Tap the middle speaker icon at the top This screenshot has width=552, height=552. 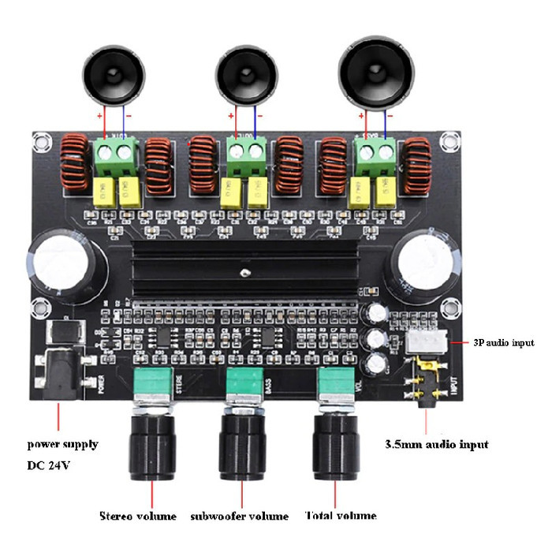[248, 76]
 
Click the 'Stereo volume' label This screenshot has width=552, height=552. [137, 517]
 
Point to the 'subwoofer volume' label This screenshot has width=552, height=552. [240, 517]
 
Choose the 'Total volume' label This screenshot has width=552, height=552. [341, 517]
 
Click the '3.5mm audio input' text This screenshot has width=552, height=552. [436, 444]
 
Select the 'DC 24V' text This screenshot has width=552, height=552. [49, 466]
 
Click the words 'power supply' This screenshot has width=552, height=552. [63, 444]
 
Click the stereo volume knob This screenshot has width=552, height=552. [149, 446]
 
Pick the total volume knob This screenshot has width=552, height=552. [334, 446]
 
